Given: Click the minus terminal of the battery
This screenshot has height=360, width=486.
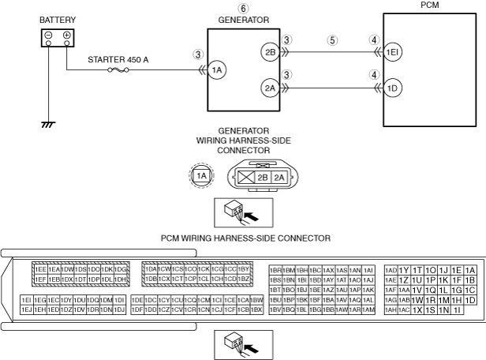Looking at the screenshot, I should click(x=49, y=36).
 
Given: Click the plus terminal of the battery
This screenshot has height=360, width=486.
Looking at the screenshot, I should click(x=66, y=36).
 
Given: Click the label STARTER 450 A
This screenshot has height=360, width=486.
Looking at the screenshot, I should click(x=122, y=58).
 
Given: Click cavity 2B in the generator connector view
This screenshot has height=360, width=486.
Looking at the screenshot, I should click(x=264, y=178).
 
